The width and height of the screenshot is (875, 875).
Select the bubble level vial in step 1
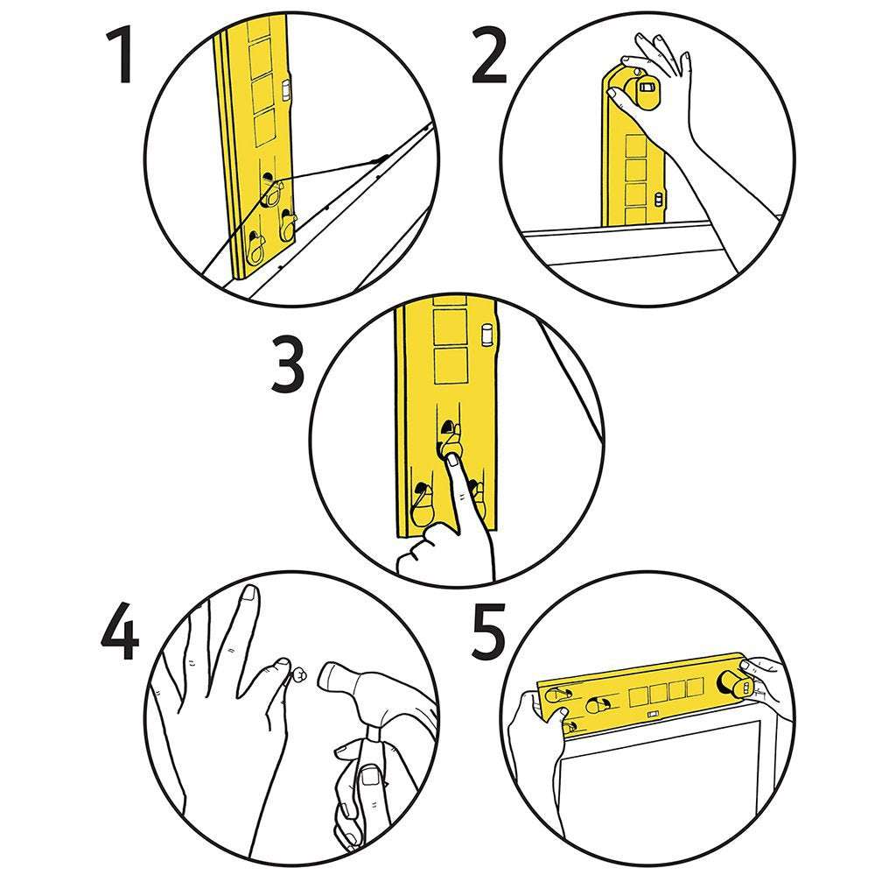pyautogui.click(x=287, y=88)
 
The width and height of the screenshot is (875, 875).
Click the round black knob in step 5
pyautogui.click(x=730, y=684)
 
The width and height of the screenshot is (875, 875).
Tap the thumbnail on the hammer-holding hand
pyautogui.click(x=371, y=775)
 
